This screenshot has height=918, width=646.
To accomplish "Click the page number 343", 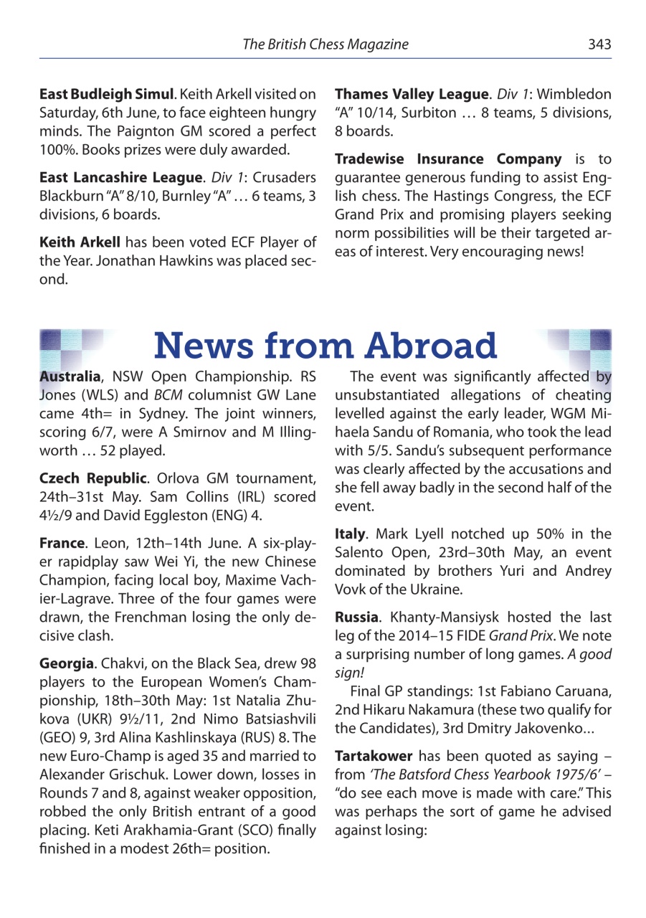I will coord(599,44).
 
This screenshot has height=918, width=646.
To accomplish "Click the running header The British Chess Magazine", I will coord(325,44).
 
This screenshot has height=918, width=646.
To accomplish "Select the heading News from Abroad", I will coord(325,346).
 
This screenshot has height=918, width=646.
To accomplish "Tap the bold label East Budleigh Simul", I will coord(106,95).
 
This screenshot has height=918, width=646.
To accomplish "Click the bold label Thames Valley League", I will coord(411,95).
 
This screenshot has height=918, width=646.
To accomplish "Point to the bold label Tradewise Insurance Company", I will coord(448,159).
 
